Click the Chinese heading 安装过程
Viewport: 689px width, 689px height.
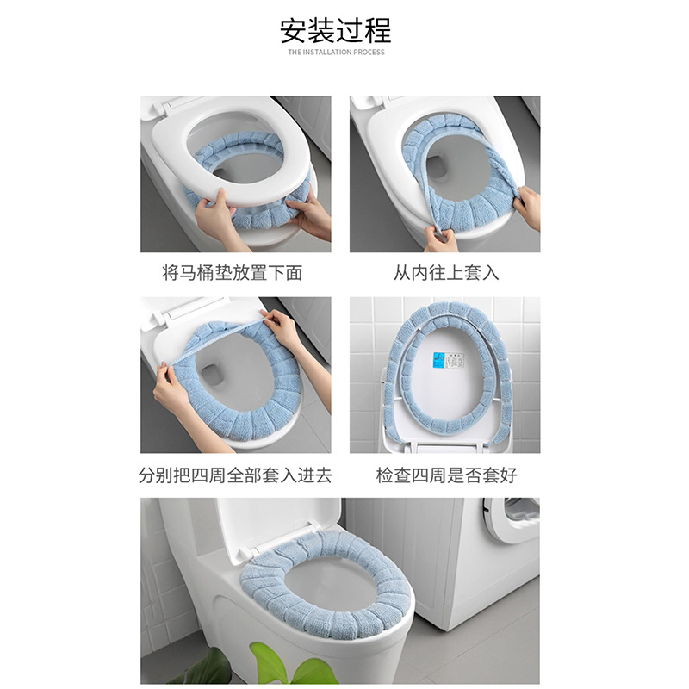tap(336, 30)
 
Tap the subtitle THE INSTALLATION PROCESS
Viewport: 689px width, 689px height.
tap(336, 52)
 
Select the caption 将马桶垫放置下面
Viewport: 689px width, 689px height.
tap(232, 273)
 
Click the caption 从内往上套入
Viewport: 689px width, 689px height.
tap(446, 273)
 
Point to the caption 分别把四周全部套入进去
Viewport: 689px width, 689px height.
tap(235, 475)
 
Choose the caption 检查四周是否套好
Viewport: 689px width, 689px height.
tap(446, 475)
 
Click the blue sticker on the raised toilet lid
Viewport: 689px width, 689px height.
tap(438, 361)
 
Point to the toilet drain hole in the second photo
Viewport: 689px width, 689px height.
tap(438, 168)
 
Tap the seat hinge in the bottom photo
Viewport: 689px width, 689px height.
tap(251, 555)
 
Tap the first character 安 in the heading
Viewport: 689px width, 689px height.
tap(294, 30)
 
